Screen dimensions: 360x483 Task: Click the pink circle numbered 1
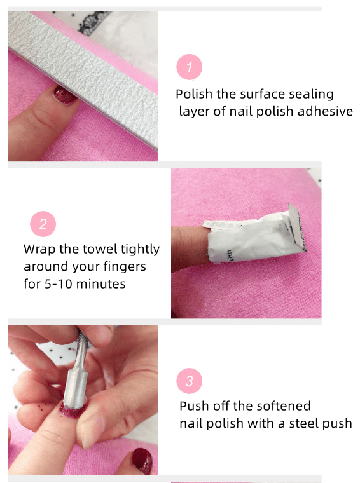tap(190, 67)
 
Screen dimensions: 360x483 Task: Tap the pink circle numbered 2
tap(43, 224)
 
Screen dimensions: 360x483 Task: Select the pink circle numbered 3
tap(190, 381)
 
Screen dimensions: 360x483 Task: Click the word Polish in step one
tap(194, 94)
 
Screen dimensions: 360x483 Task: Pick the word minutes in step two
tap(100, 283)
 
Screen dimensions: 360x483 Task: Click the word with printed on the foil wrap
tap(230, 255)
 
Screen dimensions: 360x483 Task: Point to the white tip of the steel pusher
tap(76, 385)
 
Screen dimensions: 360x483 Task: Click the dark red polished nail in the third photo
tap(142, 461)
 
